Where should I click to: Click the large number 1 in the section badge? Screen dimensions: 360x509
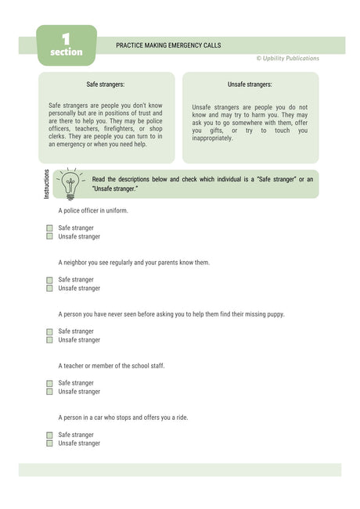click(66, 38)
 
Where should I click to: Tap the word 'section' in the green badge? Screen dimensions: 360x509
click(66, 52)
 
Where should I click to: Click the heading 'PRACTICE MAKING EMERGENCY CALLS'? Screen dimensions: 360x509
click(168, 45)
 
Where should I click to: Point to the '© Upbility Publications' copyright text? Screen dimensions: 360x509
click(287, 59)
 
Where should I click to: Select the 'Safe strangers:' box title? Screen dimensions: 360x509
click(106, 84)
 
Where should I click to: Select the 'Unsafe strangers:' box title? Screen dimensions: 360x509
click(250, 84)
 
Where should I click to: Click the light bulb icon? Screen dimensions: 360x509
click(70, 185)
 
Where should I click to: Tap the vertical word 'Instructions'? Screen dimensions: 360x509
click(46, 184)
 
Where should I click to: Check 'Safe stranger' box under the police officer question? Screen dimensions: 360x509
click(49, 228)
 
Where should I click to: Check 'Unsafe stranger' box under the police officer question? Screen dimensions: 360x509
click(49, 236)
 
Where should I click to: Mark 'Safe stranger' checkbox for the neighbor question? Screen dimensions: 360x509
click(49, 280)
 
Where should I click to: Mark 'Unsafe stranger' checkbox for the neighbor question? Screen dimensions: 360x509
click(49, 289)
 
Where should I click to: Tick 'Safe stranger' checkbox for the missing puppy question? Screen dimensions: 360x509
click(49, 332)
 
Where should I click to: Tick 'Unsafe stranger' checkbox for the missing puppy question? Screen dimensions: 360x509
click(49, 340)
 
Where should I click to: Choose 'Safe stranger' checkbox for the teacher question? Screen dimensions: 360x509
click(49, 383)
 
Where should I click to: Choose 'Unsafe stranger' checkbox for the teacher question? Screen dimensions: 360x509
click(49, 392)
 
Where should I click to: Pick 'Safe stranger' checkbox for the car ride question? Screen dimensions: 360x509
click(49, 435)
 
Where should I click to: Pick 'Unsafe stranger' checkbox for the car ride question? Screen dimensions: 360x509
click(49, 443)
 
